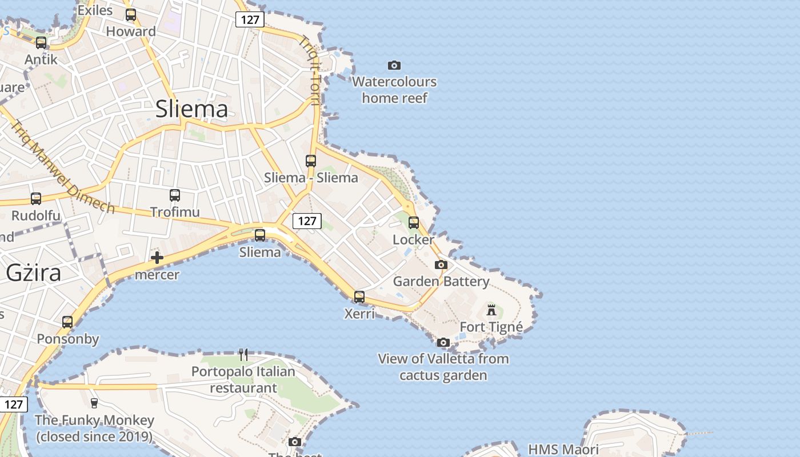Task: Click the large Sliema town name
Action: [x=191, y=109]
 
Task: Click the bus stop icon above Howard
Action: [x=131, y=15]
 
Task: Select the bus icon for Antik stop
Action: [x=41, y=43]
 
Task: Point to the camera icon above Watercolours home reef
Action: [x=394, y=65]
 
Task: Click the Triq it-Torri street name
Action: [x=310, y=71]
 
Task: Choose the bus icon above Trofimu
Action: [x=175, y=195]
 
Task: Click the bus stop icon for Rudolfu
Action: [x=36, y=199]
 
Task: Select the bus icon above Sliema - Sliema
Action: [x=311, y=161]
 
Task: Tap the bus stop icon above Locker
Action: [x=413, y=223]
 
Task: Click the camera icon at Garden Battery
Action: [x=441, y=264]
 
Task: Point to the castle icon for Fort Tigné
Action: [x=491, y=310]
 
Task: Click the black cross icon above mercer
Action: [x=157, y=258]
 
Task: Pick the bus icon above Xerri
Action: [x=359, y=297]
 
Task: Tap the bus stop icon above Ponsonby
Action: [x=67, y=322]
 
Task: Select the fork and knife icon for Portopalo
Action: [x=243, y=355]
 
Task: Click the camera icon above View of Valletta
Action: [x=443, y=342]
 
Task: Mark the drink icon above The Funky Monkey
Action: [x=94, y=403]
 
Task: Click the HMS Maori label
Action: [x=563, y=449]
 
